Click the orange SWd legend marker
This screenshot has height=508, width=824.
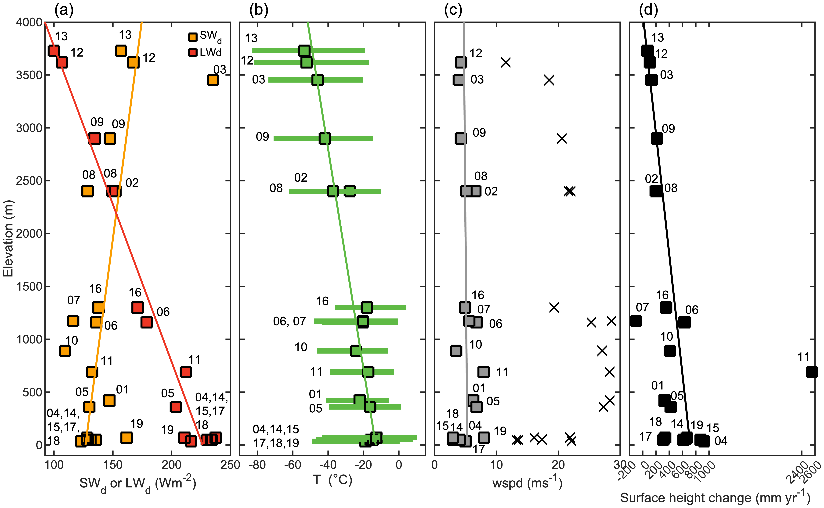click(x=192, y=37)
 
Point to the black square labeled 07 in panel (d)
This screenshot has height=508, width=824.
click(x=635, y=321)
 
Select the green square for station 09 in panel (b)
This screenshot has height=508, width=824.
click(x=325, y=138)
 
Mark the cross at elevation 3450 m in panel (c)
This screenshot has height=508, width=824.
click(x=549, y=80)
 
